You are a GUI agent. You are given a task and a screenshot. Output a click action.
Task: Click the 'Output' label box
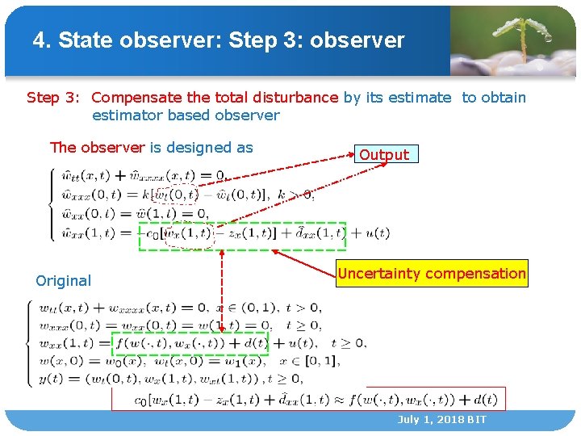coord(384,154)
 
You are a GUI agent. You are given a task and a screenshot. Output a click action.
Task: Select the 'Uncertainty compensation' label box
coord(432,274)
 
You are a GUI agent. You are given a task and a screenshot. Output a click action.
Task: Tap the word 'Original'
coord(64,281)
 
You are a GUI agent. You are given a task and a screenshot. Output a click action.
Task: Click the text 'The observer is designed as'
coord(151,147)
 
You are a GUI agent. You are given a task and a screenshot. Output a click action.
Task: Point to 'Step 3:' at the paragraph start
coord(53,98)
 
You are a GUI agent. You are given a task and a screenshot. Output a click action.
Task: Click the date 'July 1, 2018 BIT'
coord(441,420)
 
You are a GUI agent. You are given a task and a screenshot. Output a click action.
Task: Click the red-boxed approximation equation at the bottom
coord(308,399)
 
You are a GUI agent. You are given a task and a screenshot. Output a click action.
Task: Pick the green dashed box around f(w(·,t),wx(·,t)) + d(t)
coord(190,343)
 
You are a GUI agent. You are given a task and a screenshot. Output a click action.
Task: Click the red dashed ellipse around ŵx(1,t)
coord(188,233)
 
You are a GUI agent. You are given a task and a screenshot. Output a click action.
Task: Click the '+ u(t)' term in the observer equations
coord(372,233)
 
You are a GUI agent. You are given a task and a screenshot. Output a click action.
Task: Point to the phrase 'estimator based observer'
coord(186,115)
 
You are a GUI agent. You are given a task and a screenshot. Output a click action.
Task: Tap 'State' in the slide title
coord(87,40)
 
